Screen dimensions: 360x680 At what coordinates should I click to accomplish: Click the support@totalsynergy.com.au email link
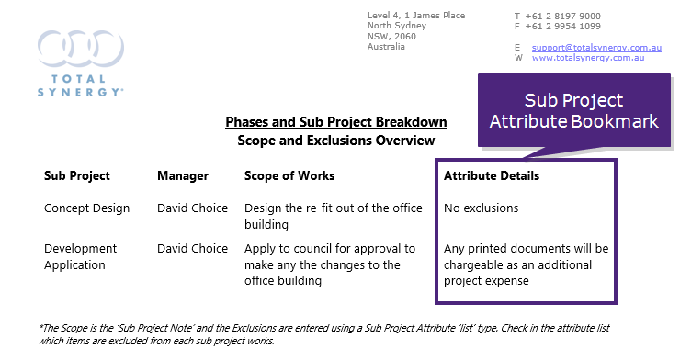(587, 46)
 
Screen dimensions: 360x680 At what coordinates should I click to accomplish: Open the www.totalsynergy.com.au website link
(587, 58)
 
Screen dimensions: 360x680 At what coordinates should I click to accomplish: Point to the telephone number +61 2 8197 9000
(563, 16)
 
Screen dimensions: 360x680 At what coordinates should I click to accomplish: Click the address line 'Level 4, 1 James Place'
(415, 16)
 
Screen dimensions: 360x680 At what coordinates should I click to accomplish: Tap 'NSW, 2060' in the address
(391, 36)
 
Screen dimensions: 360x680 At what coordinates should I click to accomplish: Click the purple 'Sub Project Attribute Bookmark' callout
(573, 111)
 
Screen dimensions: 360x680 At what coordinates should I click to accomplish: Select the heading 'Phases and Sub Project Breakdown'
(335, 122)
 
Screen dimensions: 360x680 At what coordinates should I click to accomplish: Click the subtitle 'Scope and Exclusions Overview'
(335, 141)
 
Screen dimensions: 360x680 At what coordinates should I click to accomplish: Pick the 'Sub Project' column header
(77, 175)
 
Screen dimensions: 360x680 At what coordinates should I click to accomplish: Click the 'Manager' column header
(183, 175)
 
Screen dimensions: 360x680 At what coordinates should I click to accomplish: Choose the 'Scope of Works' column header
(289, 175)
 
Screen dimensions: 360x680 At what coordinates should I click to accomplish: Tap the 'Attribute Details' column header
(492, 175)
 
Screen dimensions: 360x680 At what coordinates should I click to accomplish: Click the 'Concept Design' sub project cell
(86, 208)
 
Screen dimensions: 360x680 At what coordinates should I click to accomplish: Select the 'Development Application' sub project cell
(81, 256)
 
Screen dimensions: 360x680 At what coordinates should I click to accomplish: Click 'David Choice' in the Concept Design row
(192, 208)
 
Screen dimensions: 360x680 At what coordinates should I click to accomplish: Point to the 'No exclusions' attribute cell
(481, 208)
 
